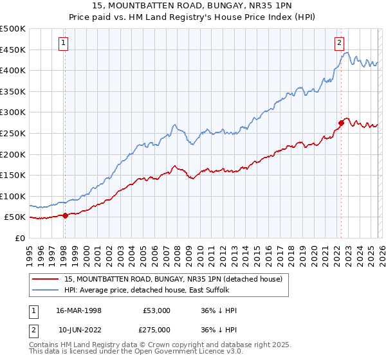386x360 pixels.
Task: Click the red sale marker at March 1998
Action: [x=65, y=216]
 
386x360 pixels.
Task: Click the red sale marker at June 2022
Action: [x=341, y=123]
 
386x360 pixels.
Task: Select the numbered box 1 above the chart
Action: [x=64, y=43]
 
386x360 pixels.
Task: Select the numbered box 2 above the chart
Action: [x=338, y=43]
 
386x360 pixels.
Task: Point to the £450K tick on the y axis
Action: [x=13, y=50]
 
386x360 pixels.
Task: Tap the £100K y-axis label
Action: [x=13, y=196]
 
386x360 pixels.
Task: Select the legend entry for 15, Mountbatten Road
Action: [x=173, y=279]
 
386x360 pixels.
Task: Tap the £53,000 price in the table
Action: [x=157, y=310]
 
